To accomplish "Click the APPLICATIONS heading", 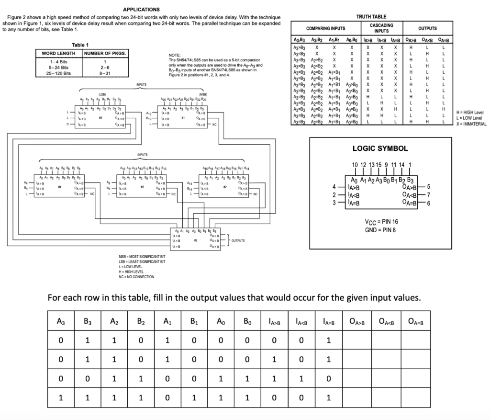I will pyautogui.click(x=142, y=10).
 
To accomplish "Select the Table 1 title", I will pyautogui.click(x=80, y=45).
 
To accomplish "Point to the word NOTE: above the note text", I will pyautogui.click(x=175, y=55).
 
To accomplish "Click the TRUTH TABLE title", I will pyautogui.click(x=371, y=17).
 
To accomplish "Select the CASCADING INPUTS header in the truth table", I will pyautogui.click(x=381, y=28).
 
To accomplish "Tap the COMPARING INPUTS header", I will pyautogui.click(x=325, y=28).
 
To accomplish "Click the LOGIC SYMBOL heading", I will pyautogui.click(x=380, y=148).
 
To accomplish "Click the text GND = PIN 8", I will pyautogui.click(x=380, y=230).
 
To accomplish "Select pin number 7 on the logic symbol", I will pyautogui.click(x=429, y=195).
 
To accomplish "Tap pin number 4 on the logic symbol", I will pyautogui.click(x=334, y=186).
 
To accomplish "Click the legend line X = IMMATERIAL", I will pyautogui.click(x=471, y=124).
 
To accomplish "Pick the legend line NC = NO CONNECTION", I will pyautogui.click(x=136, y=277).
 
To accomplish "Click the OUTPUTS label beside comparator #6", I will pyautogui.click(x=238, y=241).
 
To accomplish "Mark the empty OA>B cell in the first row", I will pyautogui.click(x=357, y=341).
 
